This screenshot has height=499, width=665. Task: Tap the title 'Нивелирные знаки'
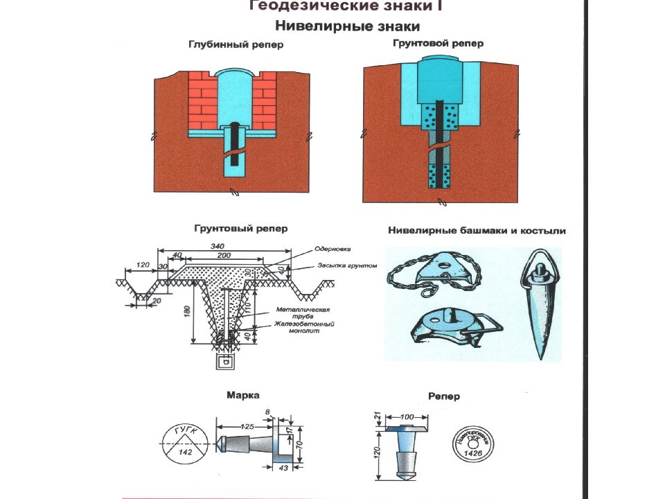coord(348,27)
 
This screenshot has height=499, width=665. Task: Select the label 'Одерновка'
coord(333,248)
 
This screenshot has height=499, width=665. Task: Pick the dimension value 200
coord(222,255)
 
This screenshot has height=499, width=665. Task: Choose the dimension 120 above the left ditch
coord(143,265)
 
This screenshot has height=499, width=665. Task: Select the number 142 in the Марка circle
coord(186,451)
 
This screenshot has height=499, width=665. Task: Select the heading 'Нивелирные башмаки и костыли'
coord(477,231)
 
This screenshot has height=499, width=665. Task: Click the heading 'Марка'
coord(243,395)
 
